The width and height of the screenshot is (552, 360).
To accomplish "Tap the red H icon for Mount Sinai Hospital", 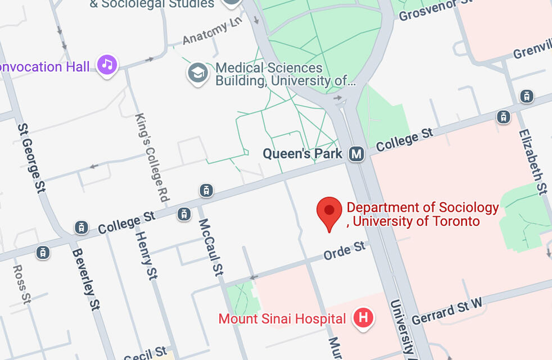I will (363, 318).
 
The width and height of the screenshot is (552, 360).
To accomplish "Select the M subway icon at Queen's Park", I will (356, 153).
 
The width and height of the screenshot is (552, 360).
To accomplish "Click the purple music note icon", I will (107, 65).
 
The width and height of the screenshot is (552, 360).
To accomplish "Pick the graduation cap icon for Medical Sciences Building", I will (197, 72).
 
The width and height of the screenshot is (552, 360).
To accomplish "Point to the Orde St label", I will (344, 251).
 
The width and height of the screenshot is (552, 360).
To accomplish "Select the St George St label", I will (31, 158).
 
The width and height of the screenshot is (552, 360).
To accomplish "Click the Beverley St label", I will (85, 279).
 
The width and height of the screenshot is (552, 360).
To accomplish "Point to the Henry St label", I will (146, 256).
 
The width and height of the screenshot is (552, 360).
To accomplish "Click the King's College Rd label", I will (152, 157).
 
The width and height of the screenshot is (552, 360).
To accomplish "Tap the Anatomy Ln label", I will (213, 33).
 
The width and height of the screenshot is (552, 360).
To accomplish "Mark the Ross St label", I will (21, 284).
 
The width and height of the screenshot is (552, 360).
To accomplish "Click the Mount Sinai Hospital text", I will (282, 319).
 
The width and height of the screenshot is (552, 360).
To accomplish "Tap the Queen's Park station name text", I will (302, 153).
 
